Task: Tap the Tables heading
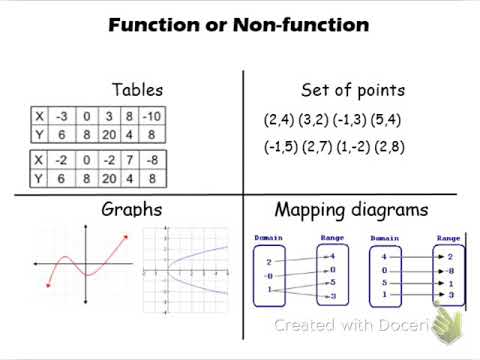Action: tap(139, 90)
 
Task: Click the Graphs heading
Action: tap(130, 210)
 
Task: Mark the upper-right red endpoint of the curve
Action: tap(126, 237)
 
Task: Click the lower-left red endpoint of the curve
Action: tap(48, 285)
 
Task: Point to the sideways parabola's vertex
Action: tap(168, 267)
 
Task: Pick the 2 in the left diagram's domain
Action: tap(268, 262)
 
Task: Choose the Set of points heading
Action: tap(353, 90)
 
